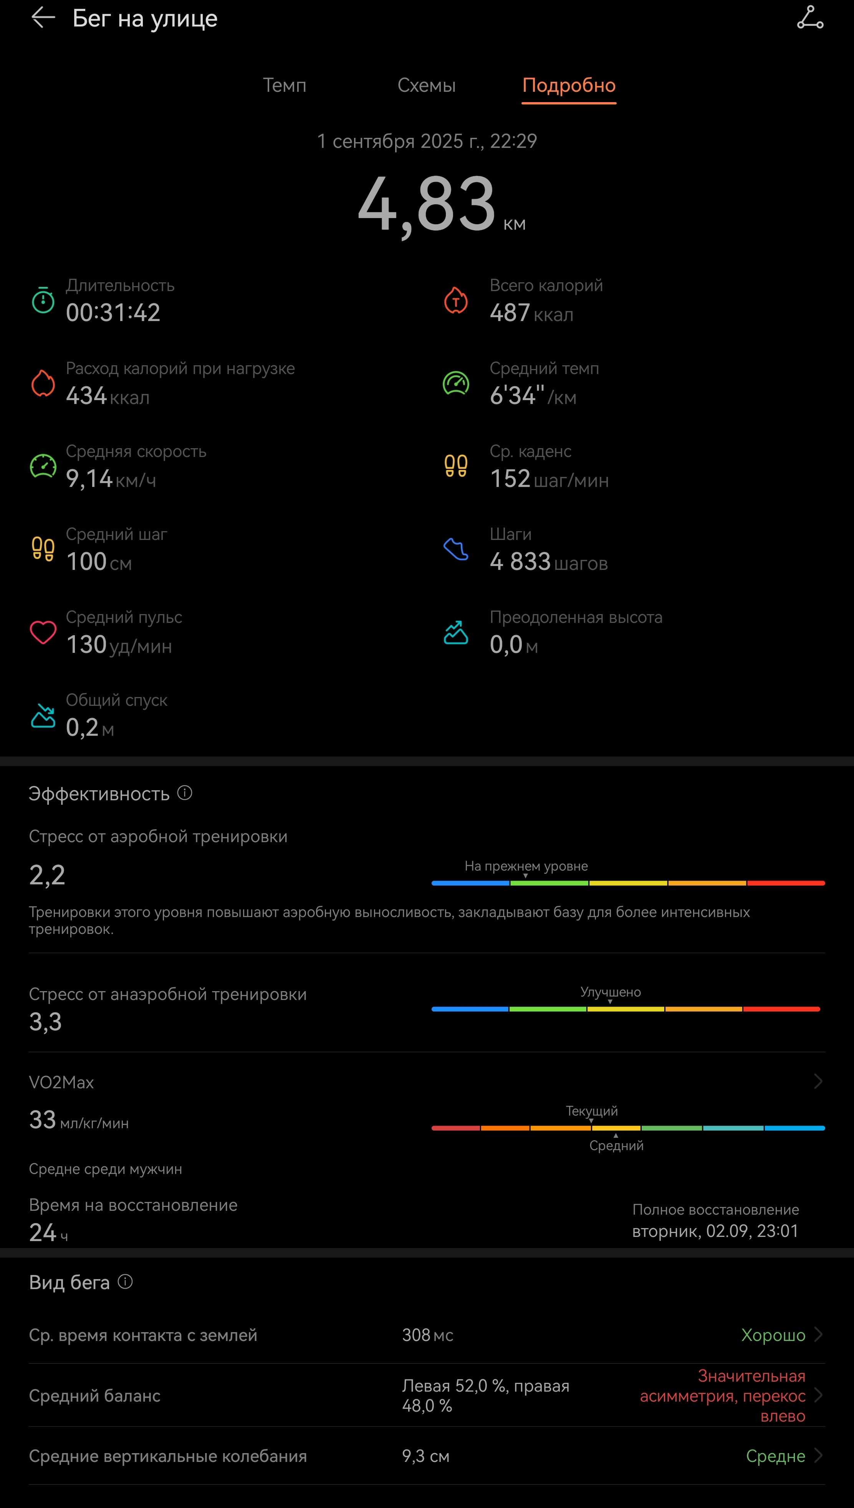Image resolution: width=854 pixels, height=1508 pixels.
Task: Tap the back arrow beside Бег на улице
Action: pos(43,18)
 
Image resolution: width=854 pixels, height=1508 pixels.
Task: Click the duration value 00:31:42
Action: pos(113,313)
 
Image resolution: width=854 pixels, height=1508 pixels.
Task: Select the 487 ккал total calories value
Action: pos(531,313)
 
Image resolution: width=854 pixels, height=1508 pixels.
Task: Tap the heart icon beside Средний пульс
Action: pos(43,632)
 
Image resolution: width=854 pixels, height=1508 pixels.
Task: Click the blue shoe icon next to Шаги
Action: pos(456,549)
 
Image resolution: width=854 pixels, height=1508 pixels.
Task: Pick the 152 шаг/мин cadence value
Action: pos(549,479)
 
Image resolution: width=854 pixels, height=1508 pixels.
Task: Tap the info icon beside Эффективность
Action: pos(185,793)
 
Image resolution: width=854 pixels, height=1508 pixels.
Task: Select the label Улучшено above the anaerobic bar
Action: pos(611,992)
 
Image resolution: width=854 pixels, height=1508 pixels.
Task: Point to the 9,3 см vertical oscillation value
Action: pos(426,1457)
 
